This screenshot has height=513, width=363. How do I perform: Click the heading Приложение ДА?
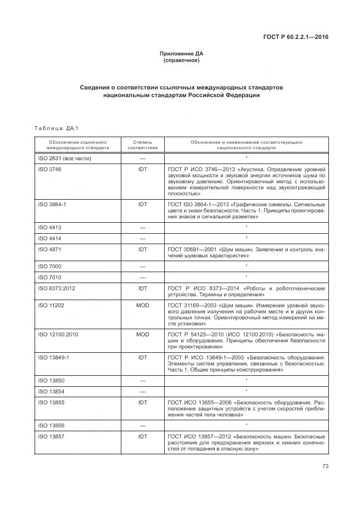pos(181,54)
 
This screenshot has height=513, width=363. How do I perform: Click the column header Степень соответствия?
pos(142,145)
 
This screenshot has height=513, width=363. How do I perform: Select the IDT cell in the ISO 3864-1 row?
pos(142,204)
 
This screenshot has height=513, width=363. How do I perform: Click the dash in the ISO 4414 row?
pos(142,238)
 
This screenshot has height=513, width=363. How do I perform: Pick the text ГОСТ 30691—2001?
pos(189,249)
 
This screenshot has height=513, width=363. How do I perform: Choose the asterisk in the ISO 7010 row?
pos(247,277)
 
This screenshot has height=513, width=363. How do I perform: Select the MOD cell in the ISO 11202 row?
pos(142,305)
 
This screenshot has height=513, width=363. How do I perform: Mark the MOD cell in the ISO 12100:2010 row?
pos(142,334)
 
